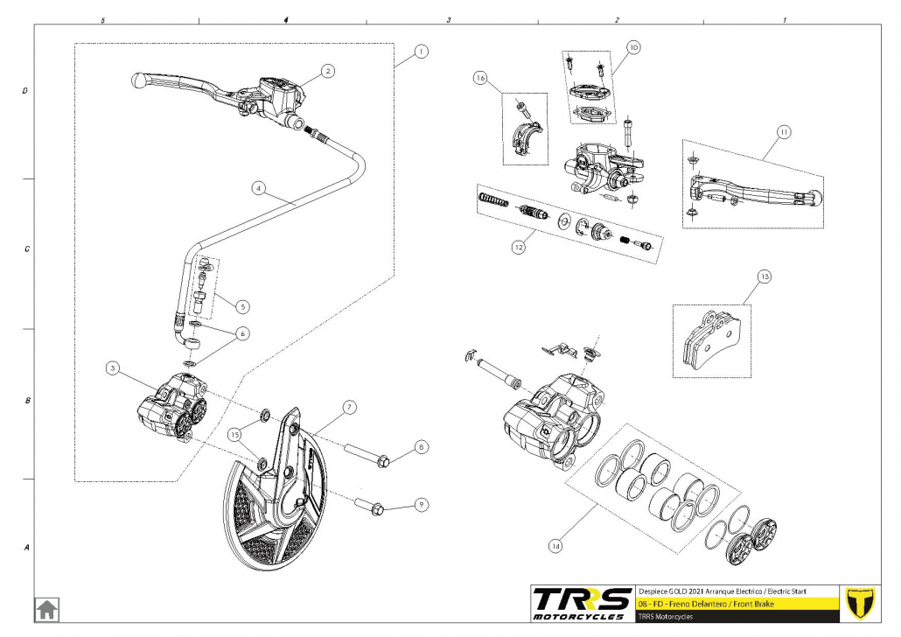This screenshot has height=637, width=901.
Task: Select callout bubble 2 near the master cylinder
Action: click(x=326, y=70)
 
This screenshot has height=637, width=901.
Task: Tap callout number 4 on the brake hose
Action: click(x=258, y=187)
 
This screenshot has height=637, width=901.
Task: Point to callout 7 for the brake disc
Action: click(x=348, y=407)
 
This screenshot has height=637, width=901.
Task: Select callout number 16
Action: click(x=479, y=79)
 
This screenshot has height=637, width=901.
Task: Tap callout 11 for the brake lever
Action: click(x=783, y=132)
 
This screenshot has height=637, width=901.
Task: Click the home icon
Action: click(x=46, y=608)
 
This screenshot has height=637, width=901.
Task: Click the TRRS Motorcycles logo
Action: click(x=583, y=603)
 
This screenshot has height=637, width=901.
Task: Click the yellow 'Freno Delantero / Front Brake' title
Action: click(x=700, y=604)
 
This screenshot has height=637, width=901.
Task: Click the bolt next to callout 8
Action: click(x=374, y=456)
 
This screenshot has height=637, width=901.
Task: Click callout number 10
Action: click(x=633, y=46)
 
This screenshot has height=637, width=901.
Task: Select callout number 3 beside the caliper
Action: click(x=112, y=368)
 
